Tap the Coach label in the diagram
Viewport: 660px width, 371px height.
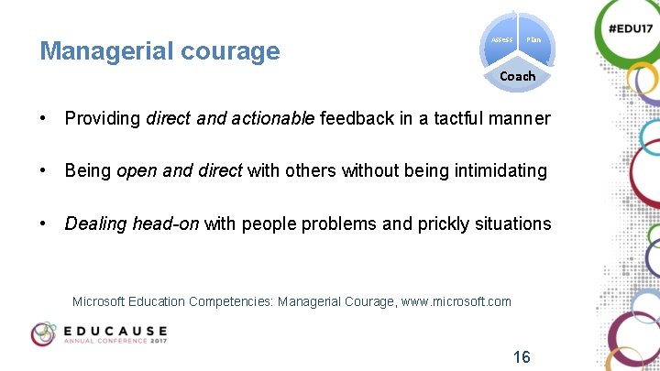(x=517, y=76)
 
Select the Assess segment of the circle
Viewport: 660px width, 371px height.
(x=501, y=39)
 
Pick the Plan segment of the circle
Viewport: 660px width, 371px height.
(x=533, y=39)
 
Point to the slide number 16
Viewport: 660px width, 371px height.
(x=521, y=356)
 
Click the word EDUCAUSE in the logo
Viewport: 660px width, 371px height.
(x=115, y=330)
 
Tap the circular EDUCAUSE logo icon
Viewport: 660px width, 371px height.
(x=44, y=333)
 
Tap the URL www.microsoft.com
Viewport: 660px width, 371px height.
(x=456, y=301)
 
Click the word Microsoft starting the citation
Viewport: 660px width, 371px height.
(x=103, y=301)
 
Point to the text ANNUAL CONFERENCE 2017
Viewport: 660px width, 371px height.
(x=115, y=341)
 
